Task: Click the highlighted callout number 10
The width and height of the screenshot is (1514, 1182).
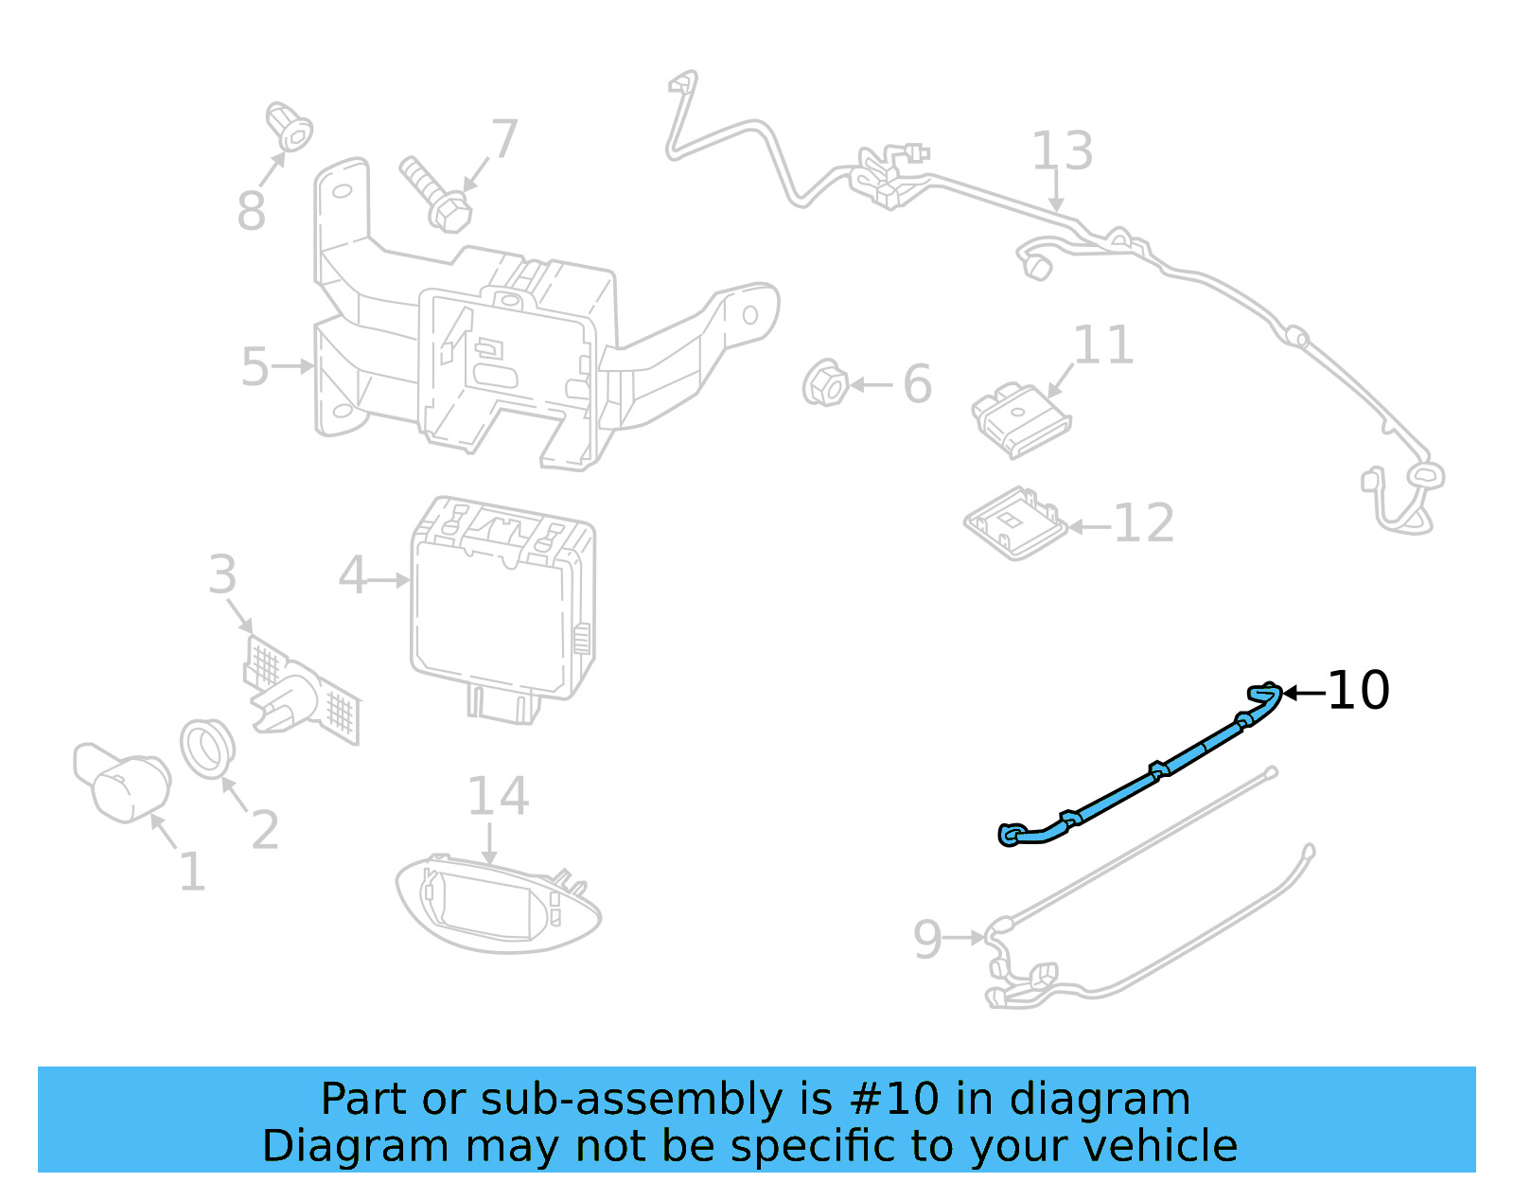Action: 1358,691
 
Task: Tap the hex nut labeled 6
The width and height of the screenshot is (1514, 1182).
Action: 825,384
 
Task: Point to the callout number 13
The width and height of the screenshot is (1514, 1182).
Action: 1062,151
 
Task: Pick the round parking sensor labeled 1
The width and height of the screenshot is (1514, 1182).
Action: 123,782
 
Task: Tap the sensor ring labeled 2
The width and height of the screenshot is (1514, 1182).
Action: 207,749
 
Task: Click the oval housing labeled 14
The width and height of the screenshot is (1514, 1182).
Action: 497,904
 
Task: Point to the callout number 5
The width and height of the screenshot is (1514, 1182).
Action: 255,366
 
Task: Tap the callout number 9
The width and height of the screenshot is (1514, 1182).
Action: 927,939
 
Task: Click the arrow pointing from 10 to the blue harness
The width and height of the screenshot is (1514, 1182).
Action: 1304,694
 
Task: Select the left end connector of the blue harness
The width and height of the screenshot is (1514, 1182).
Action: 1011,835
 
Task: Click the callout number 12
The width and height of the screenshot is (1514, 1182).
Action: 1144,523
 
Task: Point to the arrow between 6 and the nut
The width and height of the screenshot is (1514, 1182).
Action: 871,384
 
